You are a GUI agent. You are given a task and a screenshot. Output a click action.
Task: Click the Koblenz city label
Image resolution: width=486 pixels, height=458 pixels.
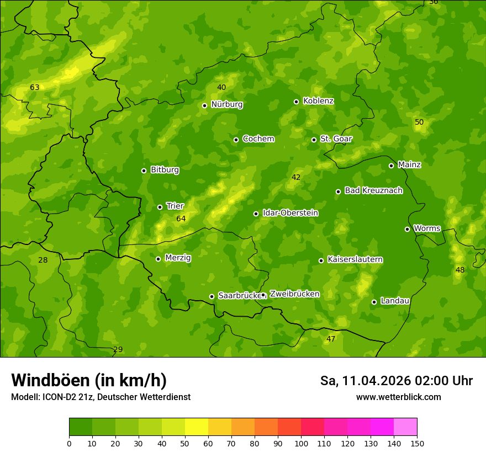pyautogui.click(x=318, y=101)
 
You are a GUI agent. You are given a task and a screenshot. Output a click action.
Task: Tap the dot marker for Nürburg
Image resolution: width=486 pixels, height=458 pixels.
pyautogui.click(x=204, y=105)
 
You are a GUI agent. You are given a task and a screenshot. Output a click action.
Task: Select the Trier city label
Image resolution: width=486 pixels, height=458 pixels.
pyautogui.click(x=175, y=206)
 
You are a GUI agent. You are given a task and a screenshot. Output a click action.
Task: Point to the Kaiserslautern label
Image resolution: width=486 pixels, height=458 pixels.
pyautogui.click(x=355, y=260)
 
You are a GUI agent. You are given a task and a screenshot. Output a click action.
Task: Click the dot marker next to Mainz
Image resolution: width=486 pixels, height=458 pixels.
pyautogui.click(x=391, y=166)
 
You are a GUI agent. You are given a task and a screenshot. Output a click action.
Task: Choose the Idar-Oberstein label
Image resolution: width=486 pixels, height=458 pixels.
pyautogui.click(x=290, y=213)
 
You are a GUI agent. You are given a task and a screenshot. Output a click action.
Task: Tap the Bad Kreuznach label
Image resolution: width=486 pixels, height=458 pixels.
pyautogui.click(x=373, y=191)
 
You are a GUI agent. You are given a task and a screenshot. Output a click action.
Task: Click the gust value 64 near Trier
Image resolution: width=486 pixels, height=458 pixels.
pyautogui.click(x=181, y=219)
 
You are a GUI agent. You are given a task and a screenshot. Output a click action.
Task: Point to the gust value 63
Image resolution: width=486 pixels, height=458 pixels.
pyautogui.click(x=35, y=88)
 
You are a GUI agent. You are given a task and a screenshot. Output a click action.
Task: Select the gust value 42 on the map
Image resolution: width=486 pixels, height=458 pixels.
pyautogui.click(x=296, y=178)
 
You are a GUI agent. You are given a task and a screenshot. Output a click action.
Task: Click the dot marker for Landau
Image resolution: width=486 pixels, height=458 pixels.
pyautogui.click(x=374, y=302)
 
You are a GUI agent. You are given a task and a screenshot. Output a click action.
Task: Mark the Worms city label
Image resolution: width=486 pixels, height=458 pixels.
pyautogui.click(x=427, y=228)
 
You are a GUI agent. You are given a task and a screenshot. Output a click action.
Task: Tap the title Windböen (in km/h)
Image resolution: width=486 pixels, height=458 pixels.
pyautogui.click(x=89, y=380)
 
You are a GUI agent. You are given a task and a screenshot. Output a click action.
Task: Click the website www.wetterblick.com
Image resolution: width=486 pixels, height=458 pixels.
pyautogui.click(x=398, y=397)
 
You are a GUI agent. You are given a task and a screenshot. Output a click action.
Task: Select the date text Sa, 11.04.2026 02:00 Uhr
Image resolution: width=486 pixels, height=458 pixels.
pyautogui.click(x=396, y=381)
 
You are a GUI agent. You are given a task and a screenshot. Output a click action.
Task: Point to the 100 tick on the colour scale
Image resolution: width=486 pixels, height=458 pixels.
pyautogui.click(x=301, y=443)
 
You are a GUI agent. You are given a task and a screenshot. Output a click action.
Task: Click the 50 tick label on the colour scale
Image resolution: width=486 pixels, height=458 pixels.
pyautogui.click(x=185, y=443)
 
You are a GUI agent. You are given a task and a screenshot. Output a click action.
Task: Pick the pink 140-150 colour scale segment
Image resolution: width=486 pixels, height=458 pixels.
pyautogui.click(x=405, y=427)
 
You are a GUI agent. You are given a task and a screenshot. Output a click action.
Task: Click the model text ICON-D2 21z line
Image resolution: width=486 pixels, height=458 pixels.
pyautogui.click(x=101, y=397)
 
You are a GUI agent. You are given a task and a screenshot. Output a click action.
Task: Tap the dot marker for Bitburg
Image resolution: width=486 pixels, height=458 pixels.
pyautogui.click(x=144, y=171)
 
